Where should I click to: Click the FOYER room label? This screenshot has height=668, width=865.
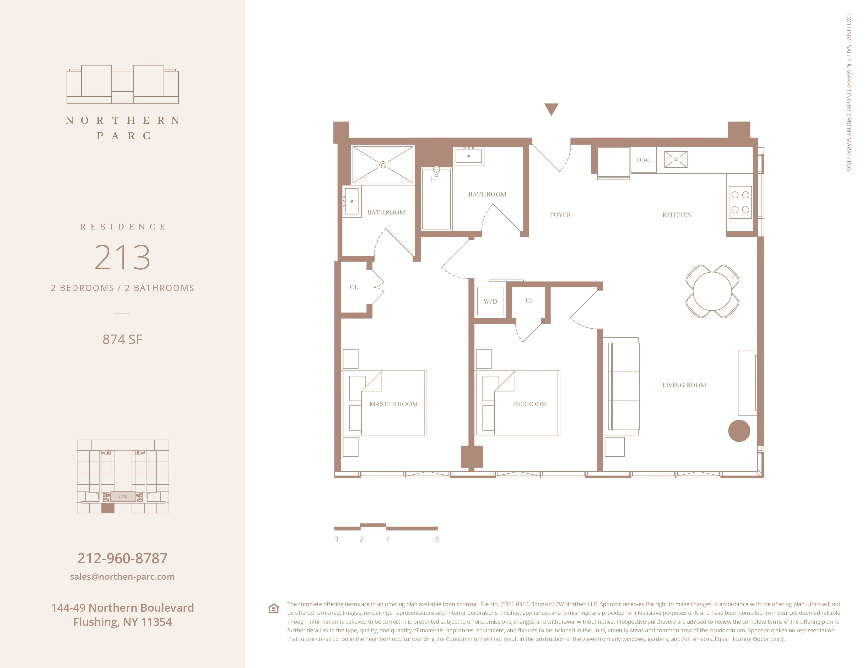point(560,215)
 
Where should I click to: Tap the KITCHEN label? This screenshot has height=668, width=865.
point(677,215)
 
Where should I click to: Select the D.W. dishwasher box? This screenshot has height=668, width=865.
point(643,160)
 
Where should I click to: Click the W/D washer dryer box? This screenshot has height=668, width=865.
point(490,301)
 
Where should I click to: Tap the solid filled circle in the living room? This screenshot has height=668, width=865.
point(739,431)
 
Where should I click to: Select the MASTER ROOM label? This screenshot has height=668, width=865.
point(393,404)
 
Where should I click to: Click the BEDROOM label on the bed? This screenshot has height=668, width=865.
point(530,404)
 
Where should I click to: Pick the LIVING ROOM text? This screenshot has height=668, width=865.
point(684,385)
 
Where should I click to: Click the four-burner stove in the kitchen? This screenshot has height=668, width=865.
point(740,202)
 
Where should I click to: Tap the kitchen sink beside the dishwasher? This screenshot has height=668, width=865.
point(676,160)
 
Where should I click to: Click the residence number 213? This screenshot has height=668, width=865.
point(122,257)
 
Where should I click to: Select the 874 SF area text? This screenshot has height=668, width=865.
point(122,339)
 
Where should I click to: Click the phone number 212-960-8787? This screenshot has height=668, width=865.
point(122,558)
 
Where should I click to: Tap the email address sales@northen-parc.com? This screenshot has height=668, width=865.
point(122,577)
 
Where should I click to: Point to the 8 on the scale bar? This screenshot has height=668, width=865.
point(437,539)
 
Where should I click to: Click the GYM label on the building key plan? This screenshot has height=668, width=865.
point(123,496)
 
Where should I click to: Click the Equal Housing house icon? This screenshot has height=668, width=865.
point(274,608)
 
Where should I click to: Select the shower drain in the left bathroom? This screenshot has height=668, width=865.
point(383,165)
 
